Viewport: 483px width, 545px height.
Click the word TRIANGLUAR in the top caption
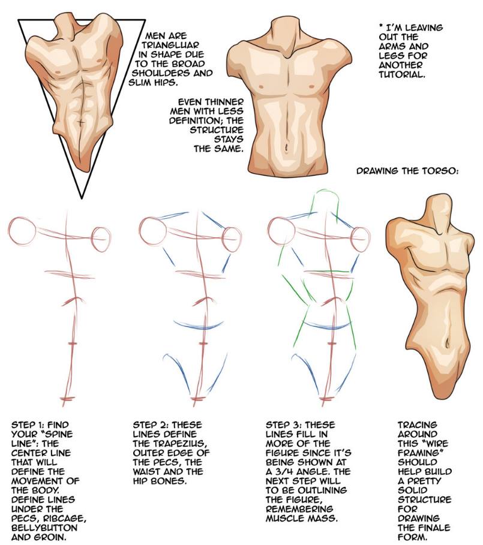tap(170, 45)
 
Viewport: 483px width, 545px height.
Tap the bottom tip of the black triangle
tap(82, 198)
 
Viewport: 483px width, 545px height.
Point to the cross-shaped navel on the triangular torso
tap(81, 122)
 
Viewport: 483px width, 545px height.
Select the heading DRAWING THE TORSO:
tap(406, 171)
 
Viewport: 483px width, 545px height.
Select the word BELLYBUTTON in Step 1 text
tap(44, 528)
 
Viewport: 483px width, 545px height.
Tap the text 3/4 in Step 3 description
tap(284, 472)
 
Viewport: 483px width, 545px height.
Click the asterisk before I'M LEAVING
tap(382, 26)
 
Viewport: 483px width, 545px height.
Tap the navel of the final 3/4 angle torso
tap(446, 344)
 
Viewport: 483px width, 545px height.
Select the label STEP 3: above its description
tap(283, 424)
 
